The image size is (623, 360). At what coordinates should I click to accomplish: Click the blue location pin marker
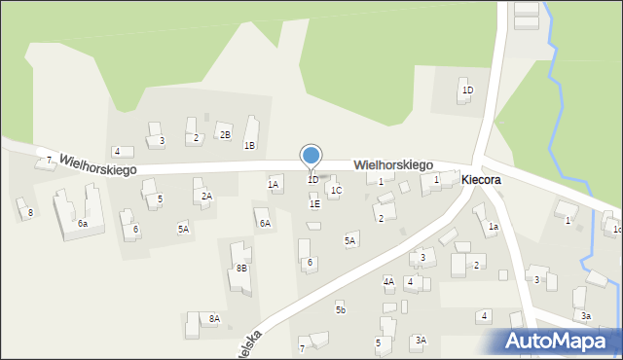pos(311,156)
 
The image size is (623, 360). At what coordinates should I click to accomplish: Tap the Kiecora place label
pos(482,180)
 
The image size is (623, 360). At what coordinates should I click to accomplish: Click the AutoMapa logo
pos(562,341)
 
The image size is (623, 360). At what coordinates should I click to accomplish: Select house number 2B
pos(225,134)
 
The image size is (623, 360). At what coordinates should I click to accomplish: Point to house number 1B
pos(249,146)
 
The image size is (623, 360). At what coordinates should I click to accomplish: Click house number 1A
pos(274,184)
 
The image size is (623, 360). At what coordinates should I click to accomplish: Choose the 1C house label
pos(336,191)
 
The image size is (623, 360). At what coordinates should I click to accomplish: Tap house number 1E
pos(314,204)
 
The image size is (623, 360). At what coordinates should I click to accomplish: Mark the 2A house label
pos(206,197)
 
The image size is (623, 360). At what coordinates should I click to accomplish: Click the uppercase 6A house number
pos(265,224)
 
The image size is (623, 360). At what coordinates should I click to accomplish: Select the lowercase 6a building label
pos(83,224)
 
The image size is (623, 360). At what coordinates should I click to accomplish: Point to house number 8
pos(30,212)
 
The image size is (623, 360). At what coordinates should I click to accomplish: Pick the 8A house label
pos(214,318)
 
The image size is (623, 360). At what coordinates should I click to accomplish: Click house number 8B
pos(241,268)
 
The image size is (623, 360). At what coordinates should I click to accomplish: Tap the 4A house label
pos(388,282)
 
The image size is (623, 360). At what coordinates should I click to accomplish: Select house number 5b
pos(341,309)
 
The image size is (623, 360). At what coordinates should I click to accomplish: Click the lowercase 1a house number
pos(494,227)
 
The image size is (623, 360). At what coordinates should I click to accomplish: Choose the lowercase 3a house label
pos(586,316)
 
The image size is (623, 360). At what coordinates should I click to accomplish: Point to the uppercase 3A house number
pos(421,340)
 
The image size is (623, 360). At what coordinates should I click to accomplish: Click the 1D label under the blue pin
pos(312,180)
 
